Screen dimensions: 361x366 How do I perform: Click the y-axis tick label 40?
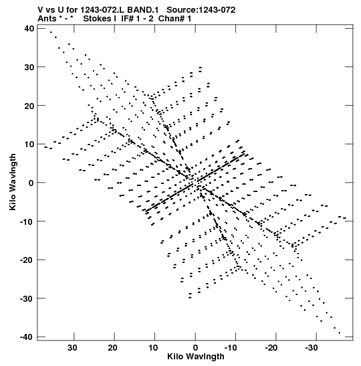pyautogui.click(x=29, y=29)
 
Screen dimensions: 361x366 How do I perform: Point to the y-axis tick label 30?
pyautogui.click(x=29, y=67)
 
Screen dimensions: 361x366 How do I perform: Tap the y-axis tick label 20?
pyautogui.click(x=29, y=106)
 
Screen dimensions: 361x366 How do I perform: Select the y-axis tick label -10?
pyautogui.click(x=27, y=221)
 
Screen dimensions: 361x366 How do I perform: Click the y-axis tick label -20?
pyautogui.click(x=27, y=260)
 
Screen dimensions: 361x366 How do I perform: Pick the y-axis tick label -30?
pyautogui.click(x=27, y=298)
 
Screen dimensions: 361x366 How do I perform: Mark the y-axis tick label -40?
pyautogui.click(x=27, y=337)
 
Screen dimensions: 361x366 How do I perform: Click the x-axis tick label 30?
pyautogui.click(x=72, y=348)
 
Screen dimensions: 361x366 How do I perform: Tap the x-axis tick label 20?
pyautogui.click(x=112, y=348)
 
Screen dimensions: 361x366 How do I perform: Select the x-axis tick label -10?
pyautogui.click(x=231, y=348)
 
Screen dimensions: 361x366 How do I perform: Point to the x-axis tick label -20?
pyautogui.click(x=271, y=348)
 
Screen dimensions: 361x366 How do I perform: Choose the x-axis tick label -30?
pyautogui.click(x=312, y=348)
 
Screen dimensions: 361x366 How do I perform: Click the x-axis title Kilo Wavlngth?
pyautogui.click(x=196, y=357)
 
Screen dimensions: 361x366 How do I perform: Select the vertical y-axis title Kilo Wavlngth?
pyautogui.click(x=13, y=182)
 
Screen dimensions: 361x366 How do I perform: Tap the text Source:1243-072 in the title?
pyautogui.click(x=201, y=10)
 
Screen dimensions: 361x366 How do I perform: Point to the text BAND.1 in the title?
pyautogui.click(x=142, y=10)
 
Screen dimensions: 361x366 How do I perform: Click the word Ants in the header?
pyautogui.click(x=47, y=19)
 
